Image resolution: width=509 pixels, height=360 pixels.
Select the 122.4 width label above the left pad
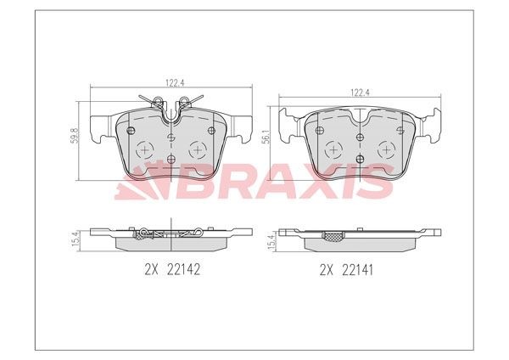[x=174, y=83]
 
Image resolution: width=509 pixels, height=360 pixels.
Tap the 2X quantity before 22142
[x=153, y=271]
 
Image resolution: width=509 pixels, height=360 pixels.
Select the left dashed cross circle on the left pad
[x=145, y=149]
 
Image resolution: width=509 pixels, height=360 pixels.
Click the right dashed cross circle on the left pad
[x=199, y=149]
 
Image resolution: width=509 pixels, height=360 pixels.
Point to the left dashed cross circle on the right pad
[x=334, y=150]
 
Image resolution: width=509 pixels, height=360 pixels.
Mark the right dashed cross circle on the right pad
[x=388, y=150]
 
